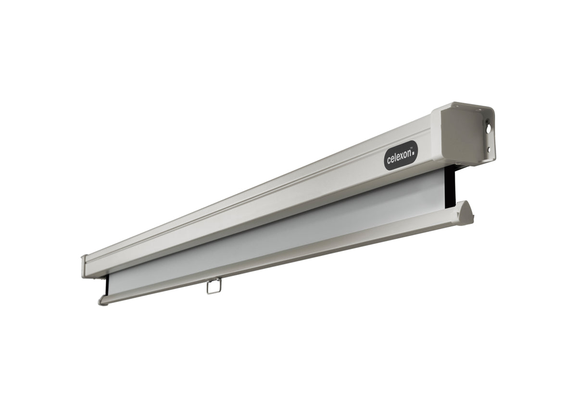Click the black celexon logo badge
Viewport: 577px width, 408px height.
401,156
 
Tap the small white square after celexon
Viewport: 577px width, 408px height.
414,154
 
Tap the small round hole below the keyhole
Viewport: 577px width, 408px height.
489,149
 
